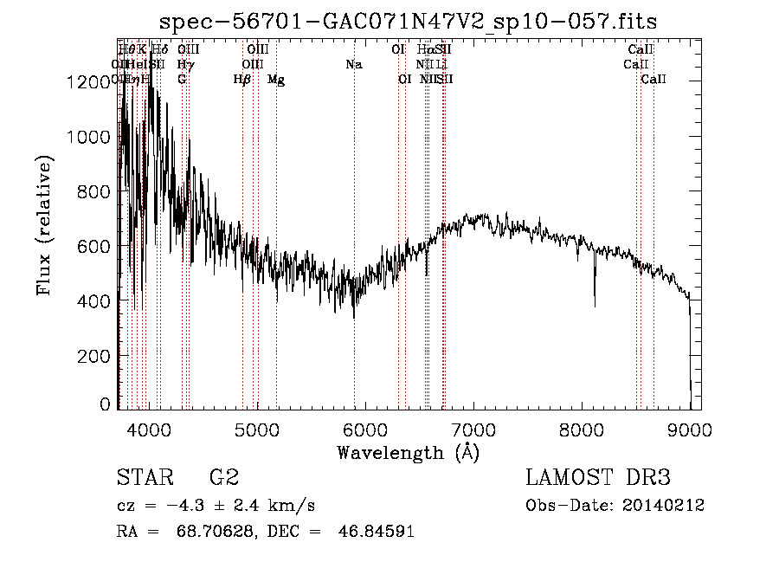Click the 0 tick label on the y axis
coord(105,404)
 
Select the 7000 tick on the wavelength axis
coord(474,428)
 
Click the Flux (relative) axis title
coord(44,226)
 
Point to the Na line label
coord(353,64)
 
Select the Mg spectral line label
coord(276,80)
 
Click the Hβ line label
coord(242,80)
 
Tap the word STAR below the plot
coord(141,477)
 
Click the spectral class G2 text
coord(224,477)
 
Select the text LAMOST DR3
coord(598,477)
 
